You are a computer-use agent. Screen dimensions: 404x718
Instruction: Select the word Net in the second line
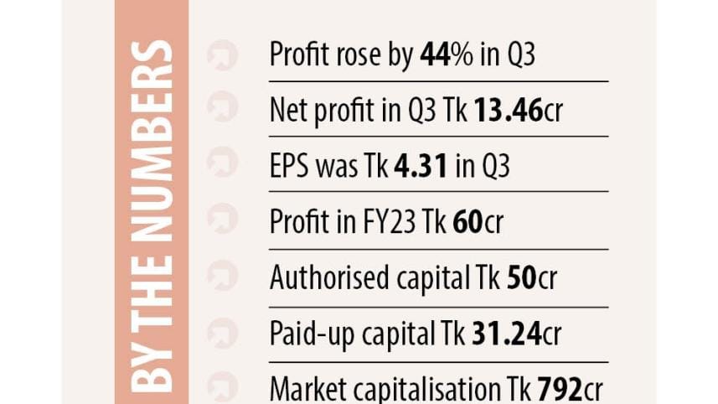287,111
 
